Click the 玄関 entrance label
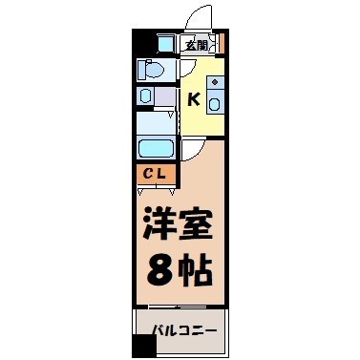pyautogui.click(x=196, y=43)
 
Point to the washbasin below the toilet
pyautogui.click(x=145, y=95)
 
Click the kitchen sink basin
pyautogui.click(x=216, y=103)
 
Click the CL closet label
pyautogui.click(x=153, y=176)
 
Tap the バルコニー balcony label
pyautogui.click(x=184, y=331)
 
